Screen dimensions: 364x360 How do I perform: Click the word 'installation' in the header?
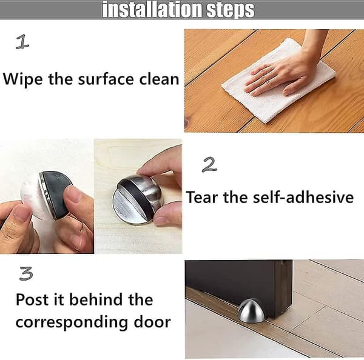click(152, 9)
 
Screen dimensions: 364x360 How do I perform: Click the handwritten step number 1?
click(22, 42)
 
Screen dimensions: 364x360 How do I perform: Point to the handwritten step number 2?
click(209, 164)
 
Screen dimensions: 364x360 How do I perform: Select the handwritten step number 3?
click(26, 273)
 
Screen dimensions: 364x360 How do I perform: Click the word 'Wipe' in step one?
click(23, 79)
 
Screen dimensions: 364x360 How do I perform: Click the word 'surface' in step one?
click(106, 79)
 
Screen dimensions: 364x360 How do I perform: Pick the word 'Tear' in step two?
click(202, 198)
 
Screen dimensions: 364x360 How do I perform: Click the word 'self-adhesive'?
click(303, 197)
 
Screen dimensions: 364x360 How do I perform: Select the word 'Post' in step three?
click(32, 299)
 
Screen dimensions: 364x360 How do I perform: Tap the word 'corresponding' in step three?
click(72, 323)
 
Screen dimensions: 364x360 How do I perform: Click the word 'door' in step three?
click(152, 322)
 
